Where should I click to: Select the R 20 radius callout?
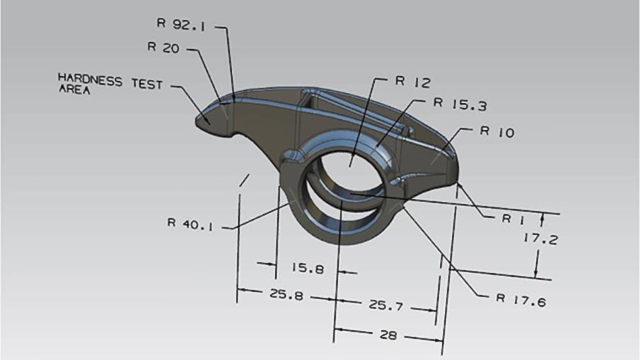[x=163, y=48]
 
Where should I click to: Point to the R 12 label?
[x=412, y=82]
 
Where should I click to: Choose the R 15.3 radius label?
[x=460, y=105]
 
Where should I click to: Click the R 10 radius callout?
[x=497, y=132]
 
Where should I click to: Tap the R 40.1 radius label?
[x=190, y=222]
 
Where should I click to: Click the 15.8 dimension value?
[x=308, y=269]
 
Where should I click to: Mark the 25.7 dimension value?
[x=385, y=306]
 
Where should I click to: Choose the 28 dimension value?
[x=388, y=335]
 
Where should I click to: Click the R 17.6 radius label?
[x=521, y=301]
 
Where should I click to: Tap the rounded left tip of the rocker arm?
[x=203, y=122]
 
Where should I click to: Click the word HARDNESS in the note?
[x=90, y=79]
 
